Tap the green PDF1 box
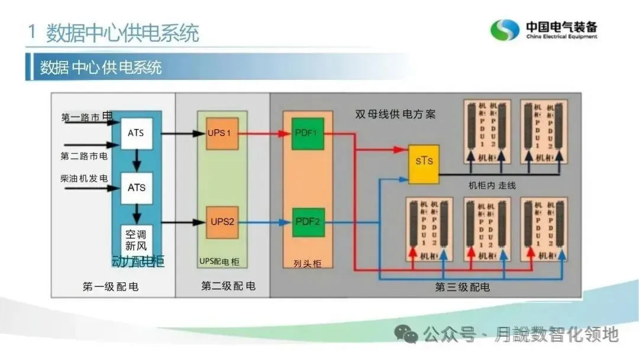point(308,133)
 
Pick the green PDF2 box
point(308,222)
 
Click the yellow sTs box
point(424,161)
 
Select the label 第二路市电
point(84,156)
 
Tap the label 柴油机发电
point(84,178)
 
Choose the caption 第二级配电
point(228,286)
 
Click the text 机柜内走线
point(492,185)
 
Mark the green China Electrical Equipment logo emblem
point(505,30)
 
